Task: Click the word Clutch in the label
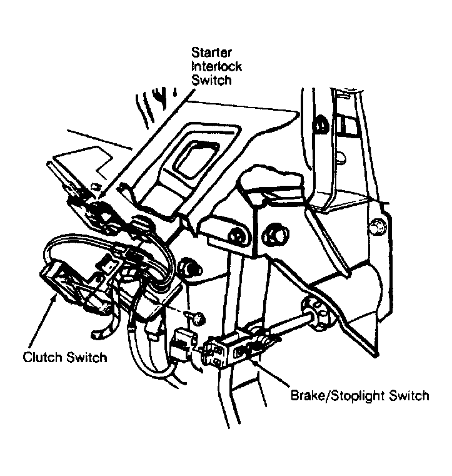click(x=43, y=358)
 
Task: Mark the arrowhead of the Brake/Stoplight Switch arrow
click(x=254, y=358)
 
